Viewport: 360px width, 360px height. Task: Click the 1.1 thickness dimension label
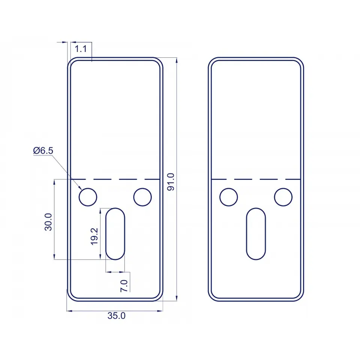(x=81, y=49)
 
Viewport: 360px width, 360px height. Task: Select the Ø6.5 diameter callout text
(x=43, y=151)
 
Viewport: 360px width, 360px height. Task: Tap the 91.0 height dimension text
(x=171, y=182)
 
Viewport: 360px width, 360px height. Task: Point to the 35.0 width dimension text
(x=116, y=316)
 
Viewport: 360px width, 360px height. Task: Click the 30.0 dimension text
(x=48, y=222)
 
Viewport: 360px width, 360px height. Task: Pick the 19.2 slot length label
(x=94, y=237)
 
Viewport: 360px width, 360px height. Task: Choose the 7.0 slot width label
(x=124, y=286)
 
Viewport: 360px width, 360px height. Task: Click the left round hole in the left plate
(x=88, y=197)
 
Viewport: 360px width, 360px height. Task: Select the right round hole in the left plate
(x=142, y=197)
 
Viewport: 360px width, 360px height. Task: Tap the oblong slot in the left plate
(x=115, y=234)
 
